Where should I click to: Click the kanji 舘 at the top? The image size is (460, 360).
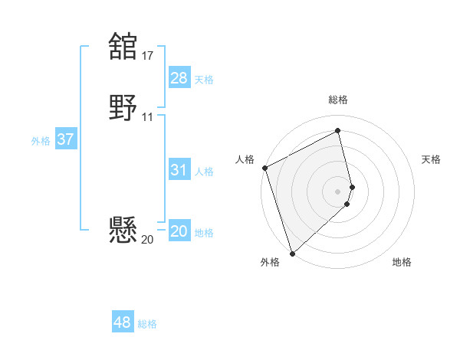(x=123, y=46)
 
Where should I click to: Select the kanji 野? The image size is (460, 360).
(x=123, y=107)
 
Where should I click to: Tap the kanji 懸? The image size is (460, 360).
(x=123, y=230)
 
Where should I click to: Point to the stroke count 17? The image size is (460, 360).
(x=147, y=55)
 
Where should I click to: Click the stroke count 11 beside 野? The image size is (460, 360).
(x=147, y=117)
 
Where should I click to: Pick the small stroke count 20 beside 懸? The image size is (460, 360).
(x=147, y=239)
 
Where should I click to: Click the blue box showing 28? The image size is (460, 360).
(x=179, y=78)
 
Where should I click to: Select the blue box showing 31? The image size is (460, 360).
(x=179, y=170)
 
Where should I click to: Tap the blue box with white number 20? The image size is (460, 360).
(x=179, y=231)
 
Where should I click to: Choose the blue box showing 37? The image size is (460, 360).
(x=65, y=139)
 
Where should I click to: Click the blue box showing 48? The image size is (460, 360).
(x=122, y=322)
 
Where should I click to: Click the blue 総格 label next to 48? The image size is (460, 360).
(x=147, y=324)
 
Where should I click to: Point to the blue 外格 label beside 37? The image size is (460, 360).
(x=41, y=141)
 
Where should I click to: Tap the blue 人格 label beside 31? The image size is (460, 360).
(x=205, y=172)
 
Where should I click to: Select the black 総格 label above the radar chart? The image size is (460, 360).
(x=338, y=100)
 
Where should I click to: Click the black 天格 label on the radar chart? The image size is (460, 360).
(x=431, y=159)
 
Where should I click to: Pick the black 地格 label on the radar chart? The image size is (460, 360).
(x=402, y=262)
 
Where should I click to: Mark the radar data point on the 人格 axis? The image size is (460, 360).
(x=264, y=168)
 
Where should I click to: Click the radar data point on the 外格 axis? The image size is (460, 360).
(x=292, y=253)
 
